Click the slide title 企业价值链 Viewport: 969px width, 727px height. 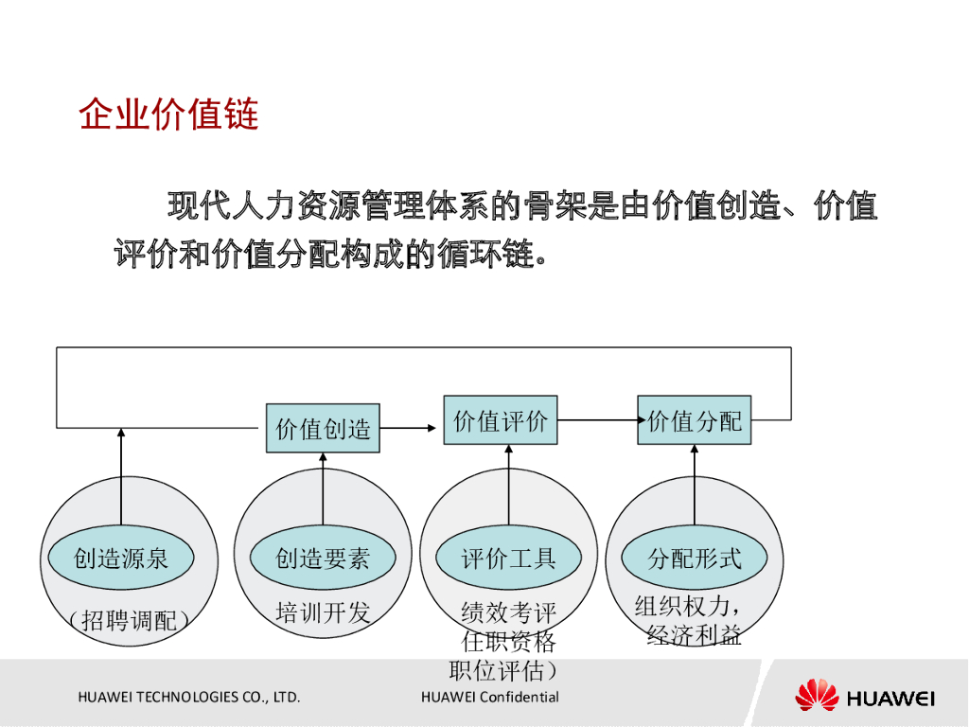168,115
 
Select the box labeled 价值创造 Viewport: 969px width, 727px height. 323,429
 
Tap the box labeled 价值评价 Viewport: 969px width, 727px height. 501,420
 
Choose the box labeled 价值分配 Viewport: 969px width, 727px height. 695,420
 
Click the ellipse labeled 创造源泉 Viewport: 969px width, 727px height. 121,559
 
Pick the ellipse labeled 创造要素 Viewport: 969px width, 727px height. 323,559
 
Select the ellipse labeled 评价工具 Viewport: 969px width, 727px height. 508,559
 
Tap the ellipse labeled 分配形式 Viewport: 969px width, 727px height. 694,559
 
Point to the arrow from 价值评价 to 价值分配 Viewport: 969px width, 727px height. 597,419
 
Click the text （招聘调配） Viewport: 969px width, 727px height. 130,621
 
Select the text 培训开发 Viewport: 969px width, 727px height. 323,612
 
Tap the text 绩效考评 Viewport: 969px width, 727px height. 508,613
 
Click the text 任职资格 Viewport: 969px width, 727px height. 508,643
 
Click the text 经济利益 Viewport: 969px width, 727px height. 694,635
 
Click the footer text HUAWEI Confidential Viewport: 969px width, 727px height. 490,698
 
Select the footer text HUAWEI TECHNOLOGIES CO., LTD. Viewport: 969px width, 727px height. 189,698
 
